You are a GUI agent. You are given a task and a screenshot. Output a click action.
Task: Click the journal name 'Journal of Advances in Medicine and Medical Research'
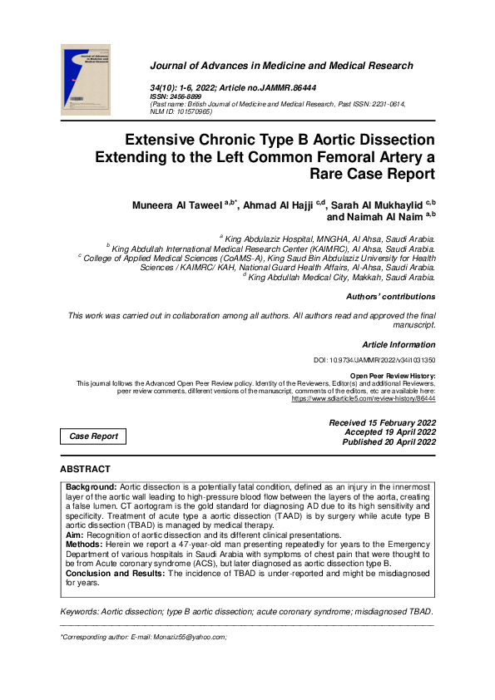point(281,66)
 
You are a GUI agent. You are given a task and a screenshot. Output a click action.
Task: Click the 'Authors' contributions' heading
point(389,297)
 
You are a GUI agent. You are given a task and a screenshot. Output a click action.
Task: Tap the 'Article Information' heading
point(398,344)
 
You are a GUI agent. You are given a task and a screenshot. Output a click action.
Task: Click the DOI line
point(374,362)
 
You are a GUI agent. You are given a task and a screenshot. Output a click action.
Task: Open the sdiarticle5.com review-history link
point(363,399)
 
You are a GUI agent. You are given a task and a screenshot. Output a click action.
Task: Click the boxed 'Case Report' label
point(93,436)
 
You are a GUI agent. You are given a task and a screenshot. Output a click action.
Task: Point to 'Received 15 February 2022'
point(382,423)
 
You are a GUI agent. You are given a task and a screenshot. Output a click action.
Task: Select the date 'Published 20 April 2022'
point(389,443)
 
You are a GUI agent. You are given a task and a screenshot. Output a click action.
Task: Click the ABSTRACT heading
point(85,470)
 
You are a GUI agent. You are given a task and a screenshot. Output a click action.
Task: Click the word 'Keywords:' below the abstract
point(80,612)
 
